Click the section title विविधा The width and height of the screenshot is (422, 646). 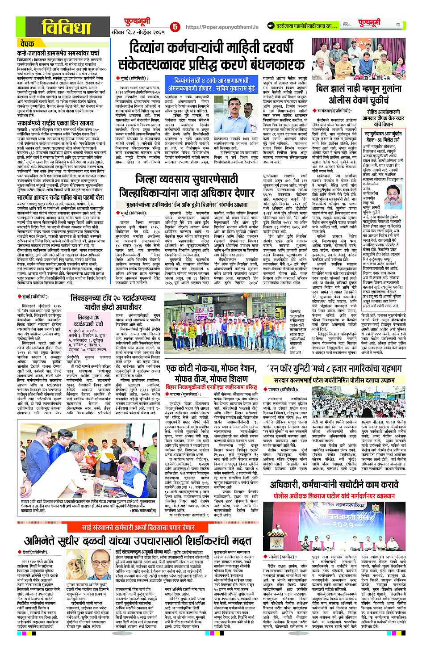(66, 28)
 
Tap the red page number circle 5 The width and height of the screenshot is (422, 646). (175, 27)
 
